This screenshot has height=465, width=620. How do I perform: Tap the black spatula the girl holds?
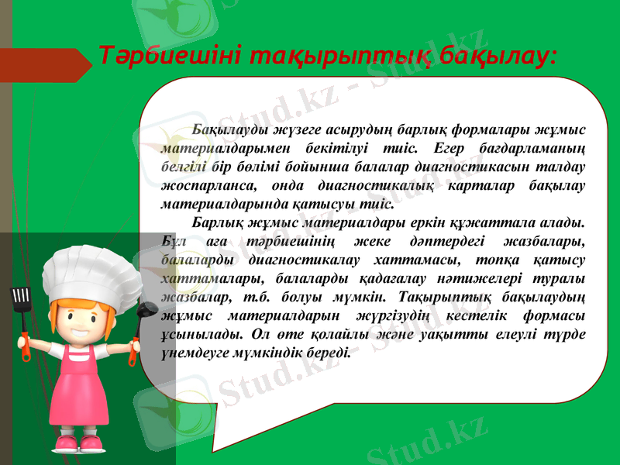click(x=20, y=298)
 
